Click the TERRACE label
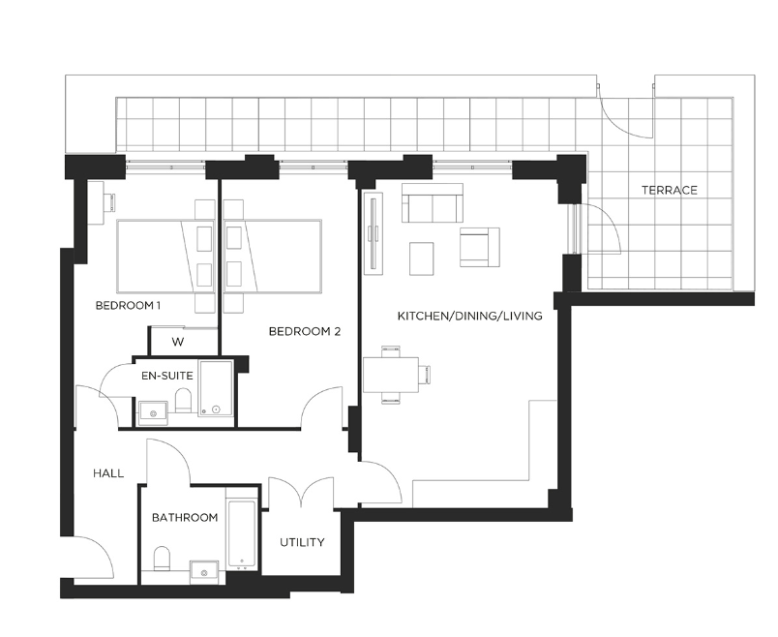tap(670, 190)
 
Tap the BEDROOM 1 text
tap(128, 305)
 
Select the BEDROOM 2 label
tap(305, 331)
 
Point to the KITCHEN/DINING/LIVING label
tap(470, 316)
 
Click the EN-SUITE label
tap(166, 376)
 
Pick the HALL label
tap(108, 473)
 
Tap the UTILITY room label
tap(302, 542)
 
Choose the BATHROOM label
tap(185, 517)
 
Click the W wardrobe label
tap(178, 342)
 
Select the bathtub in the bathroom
tap(242, 535)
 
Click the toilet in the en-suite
tap(184, 400)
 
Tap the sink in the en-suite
tap(153, 412)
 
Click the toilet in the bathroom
tap(162, 559)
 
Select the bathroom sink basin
tap(204, 572)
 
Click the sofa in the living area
tap(433, 203)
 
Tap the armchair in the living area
tap(479, 247)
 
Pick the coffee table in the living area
tap(421, 258)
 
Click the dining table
tap(391, 375)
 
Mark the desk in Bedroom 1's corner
tap(96, 202)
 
